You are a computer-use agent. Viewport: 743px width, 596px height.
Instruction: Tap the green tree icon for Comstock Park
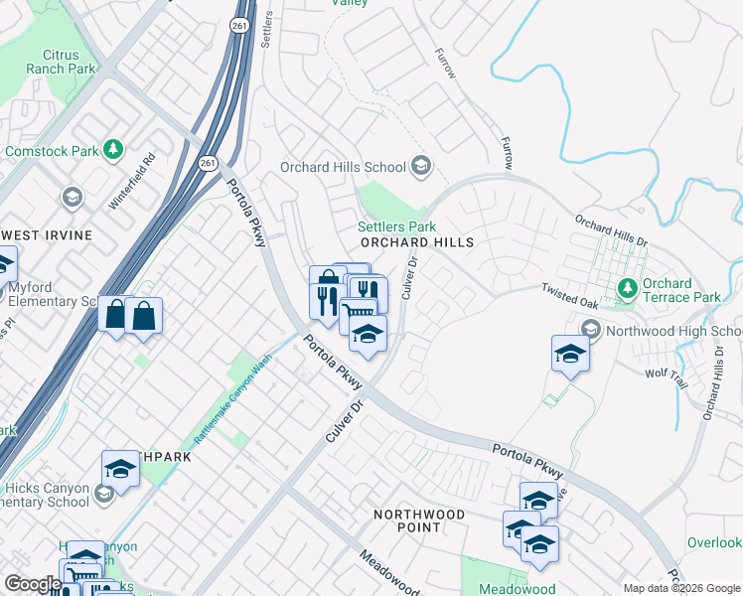[114, 150]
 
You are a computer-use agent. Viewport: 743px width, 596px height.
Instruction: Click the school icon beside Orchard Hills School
[421, 166]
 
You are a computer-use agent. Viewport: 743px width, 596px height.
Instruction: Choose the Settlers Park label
[396, 226]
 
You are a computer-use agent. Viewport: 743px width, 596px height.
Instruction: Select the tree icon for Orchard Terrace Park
[627, 289]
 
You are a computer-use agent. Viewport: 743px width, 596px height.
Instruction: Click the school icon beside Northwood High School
[591, 330]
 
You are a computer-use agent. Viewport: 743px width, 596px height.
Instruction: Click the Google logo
[32, 584]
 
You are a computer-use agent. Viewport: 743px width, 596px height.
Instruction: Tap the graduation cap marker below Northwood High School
[570, 354]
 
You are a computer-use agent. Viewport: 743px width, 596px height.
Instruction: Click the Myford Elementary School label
[48, 295]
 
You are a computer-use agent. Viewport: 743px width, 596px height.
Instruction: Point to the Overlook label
[714, 542]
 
